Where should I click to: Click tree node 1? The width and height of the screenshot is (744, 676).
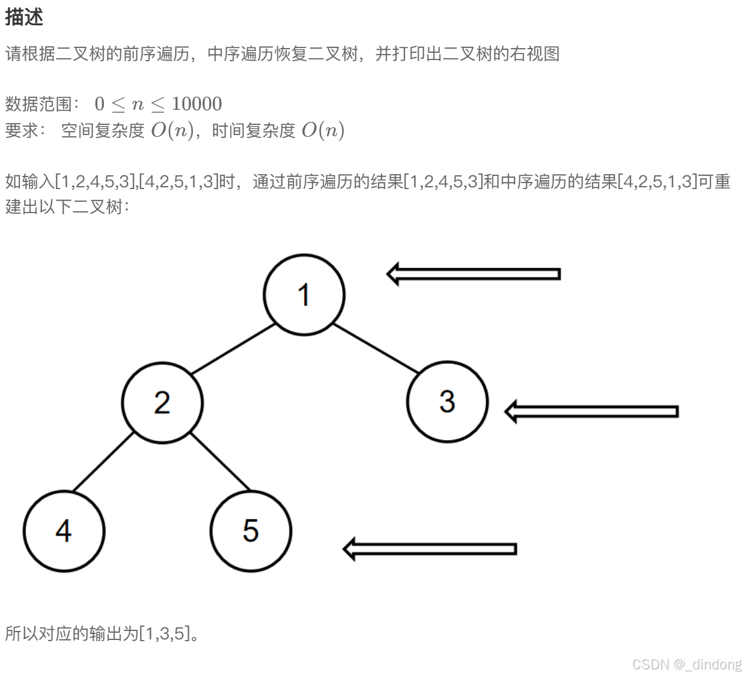304,294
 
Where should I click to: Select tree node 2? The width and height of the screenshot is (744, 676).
162,402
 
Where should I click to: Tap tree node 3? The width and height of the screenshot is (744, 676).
447,401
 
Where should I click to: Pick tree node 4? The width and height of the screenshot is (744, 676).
64,531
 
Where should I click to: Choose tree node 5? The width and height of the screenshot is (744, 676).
251,531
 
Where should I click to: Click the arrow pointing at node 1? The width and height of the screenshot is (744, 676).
474,274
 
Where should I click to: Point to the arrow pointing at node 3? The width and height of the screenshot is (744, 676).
592,411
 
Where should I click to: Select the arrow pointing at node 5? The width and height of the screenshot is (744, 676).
430,549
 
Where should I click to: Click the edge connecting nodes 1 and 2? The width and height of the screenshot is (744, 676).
233,349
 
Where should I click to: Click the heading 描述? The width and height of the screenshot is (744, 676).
24,17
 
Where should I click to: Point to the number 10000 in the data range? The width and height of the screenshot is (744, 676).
197,104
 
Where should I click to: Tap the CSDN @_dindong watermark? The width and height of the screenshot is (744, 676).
687,664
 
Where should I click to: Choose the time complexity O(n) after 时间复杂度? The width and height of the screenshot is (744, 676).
323,130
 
